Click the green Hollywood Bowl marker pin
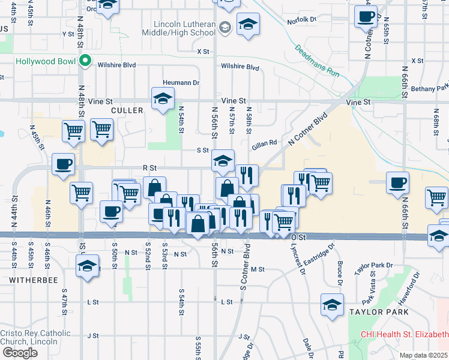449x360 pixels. pos(85,61)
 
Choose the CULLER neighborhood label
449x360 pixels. pos(127,110)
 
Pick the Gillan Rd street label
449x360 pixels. pos(264,143)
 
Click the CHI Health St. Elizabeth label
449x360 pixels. pos(403,334)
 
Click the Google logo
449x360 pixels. pos(20,353)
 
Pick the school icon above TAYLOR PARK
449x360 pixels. pos(332,305)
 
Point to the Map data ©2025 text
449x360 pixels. pos(424,355)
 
